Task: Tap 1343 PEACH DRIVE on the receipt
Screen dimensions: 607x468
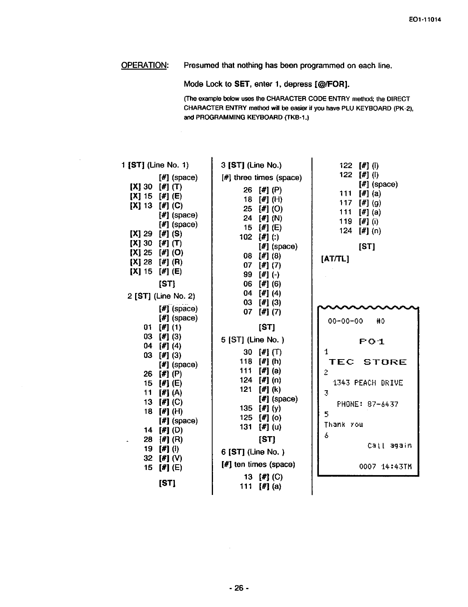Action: coord(368,383)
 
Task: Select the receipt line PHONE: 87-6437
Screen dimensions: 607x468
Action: coord(367,404)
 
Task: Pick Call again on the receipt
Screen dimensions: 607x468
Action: coord(389,446)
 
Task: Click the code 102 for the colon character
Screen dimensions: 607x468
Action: coord(246,237)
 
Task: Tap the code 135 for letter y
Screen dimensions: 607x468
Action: coord(246,408)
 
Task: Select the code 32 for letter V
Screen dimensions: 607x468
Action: coord(148,458)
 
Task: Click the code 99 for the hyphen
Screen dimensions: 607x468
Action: coord(248,274)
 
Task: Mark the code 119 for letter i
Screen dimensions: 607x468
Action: coord(345,221)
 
